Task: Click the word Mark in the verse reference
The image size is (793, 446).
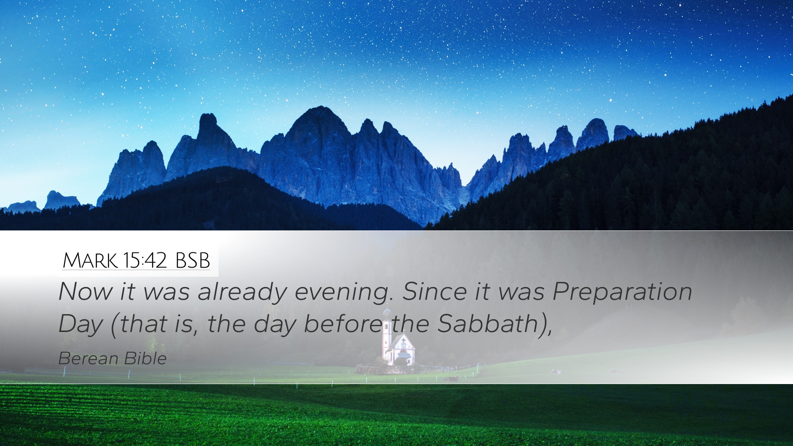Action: click(x=90, y=261)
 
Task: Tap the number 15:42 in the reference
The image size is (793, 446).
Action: click(x=144, y=260)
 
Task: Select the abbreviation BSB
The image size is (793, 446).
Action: click(x=192, y=261)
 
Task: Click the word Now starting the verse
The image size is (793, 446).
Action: click(x=85, y=291)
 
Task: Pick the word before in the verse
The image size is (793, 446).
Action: click(x=343, y=323)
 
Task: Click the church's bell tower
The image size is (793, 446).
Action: click(x=387, y=334)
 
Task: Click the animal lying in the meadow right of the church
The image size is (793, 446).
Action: click(x=451, y=378)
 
